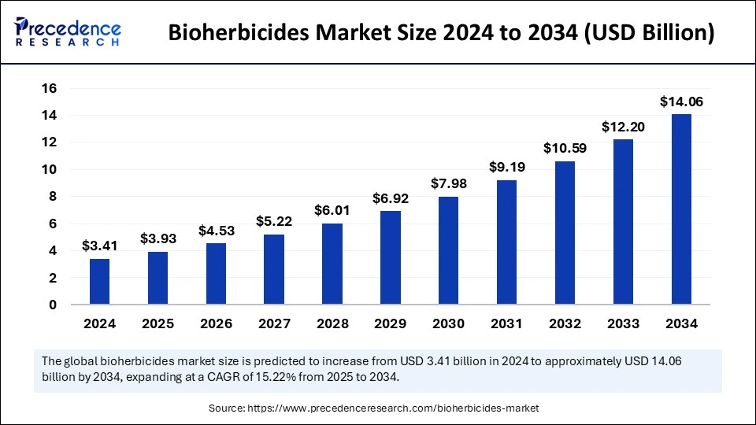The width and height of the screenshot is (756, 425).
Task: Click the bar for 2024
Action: pyautogui.click(x=99, y=282)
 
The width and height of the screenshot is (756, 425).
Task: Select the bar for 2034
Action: pyautogui.click(x=681, y=209)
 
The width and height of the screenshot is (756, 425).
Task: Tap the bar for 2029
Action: pyautogui.click(x=390, y=257)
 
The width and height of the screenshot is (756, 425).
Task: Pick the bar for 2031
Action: pyautogui.click(x=506, y=242)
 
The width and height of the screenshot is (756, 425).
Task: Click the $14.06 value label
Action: pyautogui.click(x=681, y=102)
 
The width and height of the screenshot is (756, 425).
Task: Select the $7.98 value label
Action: pyautogui.click(x=448, y=183)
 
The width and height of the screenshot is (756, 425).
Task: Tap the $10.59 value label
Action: pyautogui.click(x=565, y=148)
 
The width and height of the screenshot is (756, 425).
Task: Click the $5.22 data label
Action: pyautogui.click(x=274, y=221)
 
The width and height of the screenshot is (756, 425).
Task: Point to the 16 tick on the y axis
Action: pyautogui.click(x=49, y=88)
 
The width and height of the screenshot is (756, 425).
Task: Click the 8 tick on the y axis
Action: pyautogui.click(x=53, y=197)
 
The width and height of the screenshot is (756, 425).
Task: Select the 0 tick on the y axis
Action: pyautogui.click(x=53, y=305)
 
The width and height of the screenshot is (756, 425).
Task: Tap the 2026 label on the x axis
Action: pyautogui.click(x=216, y=323)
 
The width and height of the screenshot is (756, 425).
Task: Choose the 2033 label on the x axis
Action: pyautogui.click(x=623, y=323)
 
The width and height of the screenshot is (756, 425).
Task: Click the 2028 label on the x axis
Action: pyautogui.click(x=332, y=323)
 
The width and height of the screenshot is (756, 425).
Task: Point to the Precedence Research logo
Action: pyautogui.click(x=67, y=32)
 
